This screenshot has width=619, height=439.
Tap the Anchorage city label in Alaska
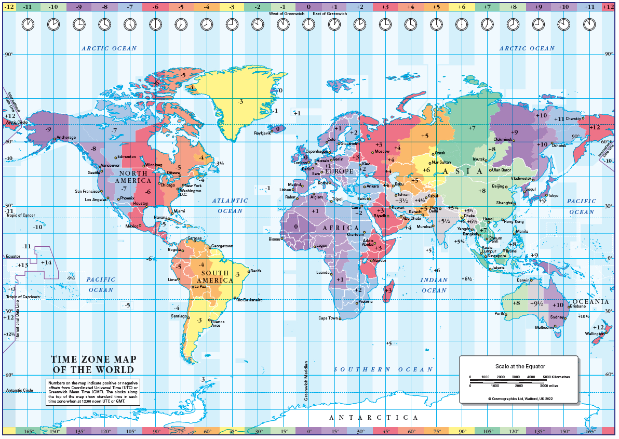66,137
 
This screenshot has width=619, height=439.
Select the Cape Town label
328,318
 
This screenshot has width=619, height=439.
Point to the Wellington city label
595,334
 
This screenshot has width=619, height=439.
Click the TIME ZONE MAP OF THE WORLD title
93,364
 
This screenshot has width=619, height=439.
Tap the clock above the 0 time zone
308,24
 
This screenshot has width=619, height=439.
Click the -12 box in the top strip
9,7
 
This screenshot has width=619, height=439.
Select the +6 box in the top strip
461,7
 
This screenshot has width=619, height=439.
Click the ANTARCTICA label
374,417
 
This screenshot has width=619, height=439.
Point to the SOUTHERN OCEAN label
383,369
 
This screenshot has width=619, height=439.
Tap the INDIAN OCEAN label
434,285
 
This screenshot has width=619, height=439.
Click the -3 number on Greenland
240,101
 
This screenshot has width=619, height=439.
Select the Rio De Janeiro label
249,300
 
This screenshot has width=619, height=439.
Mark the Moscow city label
382,151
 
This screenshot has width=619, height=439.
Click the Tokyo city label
553,195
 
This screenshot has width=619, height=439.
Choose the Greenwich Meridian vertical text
306,381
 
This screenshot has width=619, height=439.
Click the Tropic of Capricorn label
23,297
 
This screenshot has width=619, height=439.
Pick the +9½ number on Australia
536,303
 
